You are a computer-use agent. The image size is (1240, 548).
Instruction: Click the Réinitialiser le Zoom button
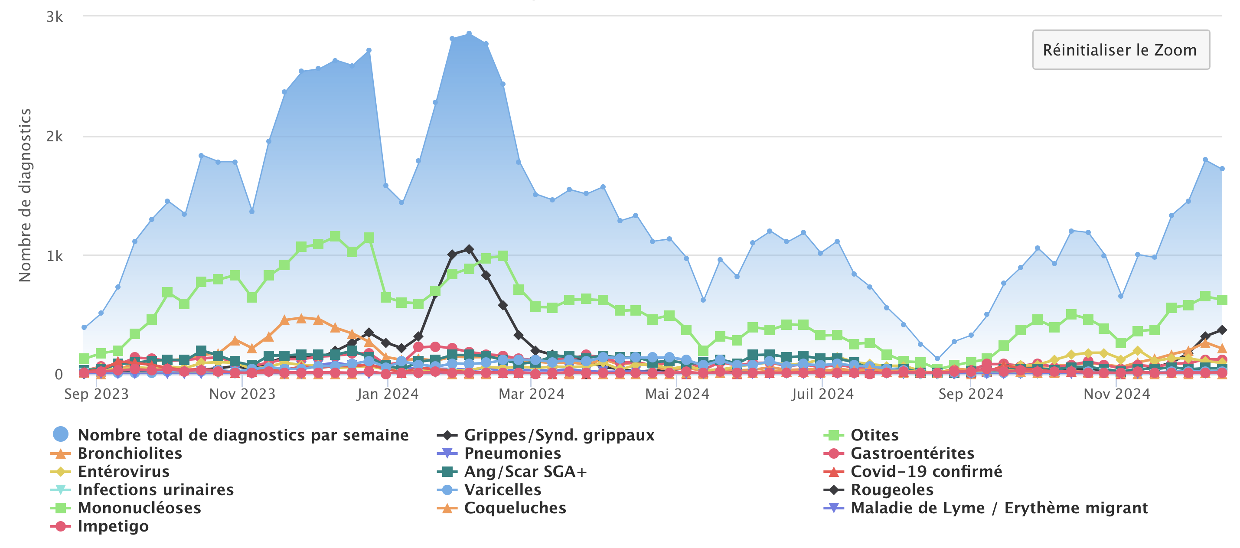pos(1120,50)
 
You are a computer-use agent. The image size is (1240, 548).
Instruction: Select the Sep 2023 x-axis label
pos(96,394)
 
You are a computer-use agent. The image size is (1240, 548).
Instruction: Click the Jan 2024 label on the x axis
pos(388,394)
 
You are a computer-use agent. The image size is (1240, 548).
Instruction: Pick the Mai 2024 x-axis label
pos(677,394)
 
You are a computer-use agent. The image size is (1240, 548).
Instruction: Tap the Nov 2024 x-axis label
pos(1116,394)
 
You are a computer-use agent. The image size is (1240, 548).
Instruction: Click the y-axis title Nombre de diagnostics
pos(25,195)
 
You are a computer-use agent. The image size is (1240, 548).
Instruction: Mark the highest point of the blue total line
pos(469,34)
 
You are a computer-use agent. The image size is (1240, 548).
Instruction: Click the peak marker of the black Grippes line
pos(469,249)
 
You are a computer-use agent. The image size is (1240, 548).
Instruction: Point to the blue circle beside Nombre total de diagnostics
pos(61,434)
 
